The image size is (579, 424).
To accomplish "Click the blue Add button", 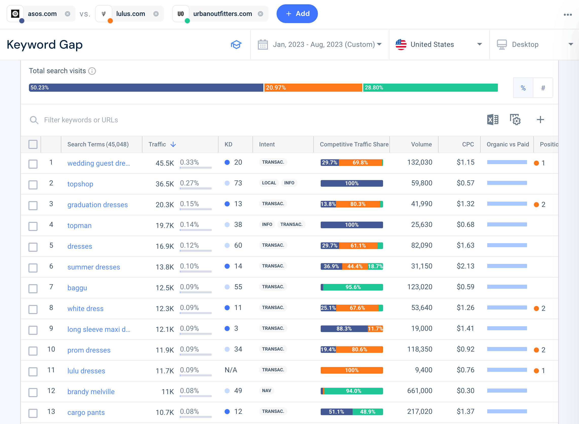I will coord(297,14).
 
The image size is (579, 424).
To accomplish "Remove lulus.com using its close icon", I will coord(156,14).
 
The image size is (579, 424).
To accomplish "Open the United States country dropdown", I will coord(439,44).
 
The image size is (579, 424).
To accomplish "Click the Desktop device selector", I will coord(534,44).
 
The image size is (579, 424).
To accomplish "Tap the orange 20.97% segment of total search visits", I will coord(313,88).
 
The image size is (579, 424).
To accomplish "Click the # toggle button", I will coord(543,88).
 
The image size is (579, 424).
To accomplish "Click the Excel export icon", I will coord(493,120).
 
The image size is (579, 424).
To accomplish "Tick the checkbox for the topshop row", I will coord(33,185).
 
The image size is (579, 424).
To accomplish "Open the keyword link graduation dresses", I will coord(97,205).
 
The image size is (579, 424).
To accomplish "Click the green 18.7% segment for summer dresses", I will coord(375,266).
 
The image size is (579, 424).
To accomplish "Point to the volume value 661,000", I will coord(420,391).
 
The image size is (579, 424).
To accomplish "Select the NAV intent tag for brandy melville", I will coord(266,391).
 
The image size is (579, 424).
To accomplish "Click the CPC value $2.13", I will coord(465,266).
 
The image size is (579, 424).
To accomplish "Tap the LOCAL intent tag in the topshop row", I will coord(269,183).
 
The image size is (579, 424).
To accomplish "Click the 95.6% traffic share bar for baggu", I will coord(353,287).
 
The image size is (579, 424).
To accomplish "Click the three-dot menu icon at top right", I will coord(567,15).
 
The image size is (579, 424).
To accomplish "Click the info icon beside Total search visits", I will coord(92,71).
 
